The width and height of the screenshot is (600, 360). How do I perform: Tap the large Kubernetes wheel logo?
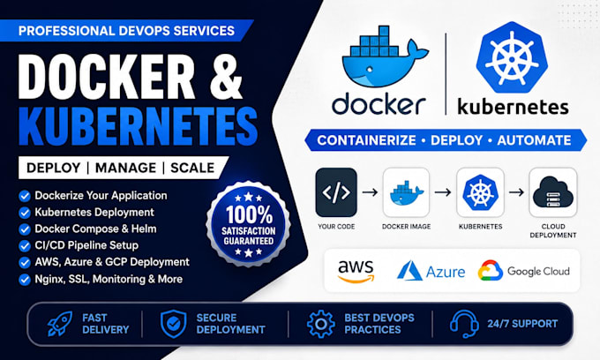[x=512, y=57]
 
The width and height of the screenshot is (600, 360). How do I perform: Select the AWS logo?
[x=356, y=272]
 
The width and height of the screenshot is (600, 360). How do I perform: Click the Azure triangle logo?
[x=409, y=271]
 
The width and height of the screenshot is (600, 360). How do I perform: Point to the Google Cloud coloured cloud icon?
[x=491, y=271]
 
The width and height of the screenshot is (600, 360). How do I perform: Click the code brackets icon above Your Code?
[x=336, y=192]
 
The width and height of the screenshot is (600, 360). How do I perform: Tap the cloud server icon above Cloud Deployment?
[x=553, y=192]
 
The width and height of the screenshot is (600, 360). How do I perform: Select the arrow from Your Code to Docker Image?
[x=370, y=192]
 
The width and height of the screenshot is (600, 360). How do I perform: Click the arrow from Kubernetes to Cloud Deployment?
[x=516, y=192]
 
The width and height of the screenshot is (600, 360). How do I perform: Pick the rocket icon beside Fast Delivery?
[x=60, y=324]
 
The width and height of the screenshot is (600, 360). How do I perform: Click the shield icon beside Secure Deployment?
[x=173, y=324]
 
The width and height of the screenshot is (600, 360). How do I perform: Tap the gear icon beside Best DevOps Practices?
[x=320, y=324]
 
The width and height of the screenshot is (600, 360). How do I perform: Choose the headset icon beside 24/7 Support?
[x=464, y=324]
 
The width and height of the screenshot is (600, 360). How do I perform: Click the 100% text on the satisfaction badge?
[x=249, y=214]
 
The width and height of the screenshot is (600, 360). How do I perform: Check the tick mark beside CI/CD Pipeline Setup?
[x=25, y=246]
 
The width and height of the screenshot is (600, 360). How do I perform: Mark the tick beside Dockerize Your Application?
[x=25, y=196]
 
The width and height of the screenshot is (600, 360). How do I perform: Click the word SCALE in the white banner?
[x=192, y=168]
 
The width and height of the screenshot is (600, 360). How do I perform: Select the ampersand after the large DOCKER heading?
[x=226, y=77]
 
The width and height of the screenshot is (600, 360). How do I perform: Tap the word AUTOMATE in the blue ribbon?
[x=534, y=140]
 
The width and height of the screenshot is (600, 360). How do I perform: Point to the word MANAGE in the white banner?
[x=125, y=168]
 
